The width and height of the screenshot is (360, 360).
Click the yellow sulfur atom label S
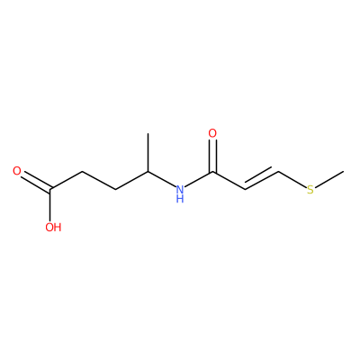[x=310, y=190]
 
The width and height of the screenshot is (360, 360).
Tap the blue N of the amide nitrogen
[x=180, y=189]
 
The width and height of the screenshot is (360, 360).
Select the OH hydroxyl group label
[x=53, y=227]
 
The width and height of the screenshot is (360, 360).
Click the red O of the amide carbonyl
[x=212, y=133]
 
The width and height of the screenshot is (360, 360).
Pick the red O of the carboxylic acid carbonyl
[x=17, y=171]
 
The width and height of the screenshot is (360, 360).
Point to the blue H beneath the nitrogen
[x=180, y=199]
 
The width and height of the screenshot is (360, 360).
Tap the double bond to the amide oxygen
[x=212, y=156]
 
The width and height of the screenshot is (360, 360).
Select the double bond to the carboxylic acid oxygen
[x=36, y=182]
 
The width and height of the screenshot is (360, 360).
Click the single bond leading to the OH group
[x=50, y=204]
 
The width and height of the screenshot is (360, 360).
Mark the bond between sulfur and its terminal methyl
[x=329, y=179]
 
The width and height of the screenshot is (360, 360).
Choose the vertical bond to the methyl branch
[x=148, y=153]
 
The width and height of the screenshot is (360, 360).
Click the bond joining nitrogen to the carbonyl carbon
[x=199, y=179]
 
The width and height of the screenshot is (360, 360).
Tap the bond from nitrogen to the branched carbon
[x=162, y=179]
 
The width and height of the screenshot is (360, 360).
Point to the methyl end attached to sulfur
[x=343, y=171]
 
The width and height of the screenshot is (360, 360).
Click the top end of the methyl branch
[x=148, y=134]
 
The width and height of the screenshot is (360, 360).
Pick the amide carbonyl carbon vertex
[x=212, y=172]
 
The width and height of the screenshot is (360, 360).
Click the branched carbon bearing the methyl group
[x=148, y=172]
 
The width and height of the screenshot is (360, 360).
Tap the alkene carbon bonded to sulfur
[x=279, y=171]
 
